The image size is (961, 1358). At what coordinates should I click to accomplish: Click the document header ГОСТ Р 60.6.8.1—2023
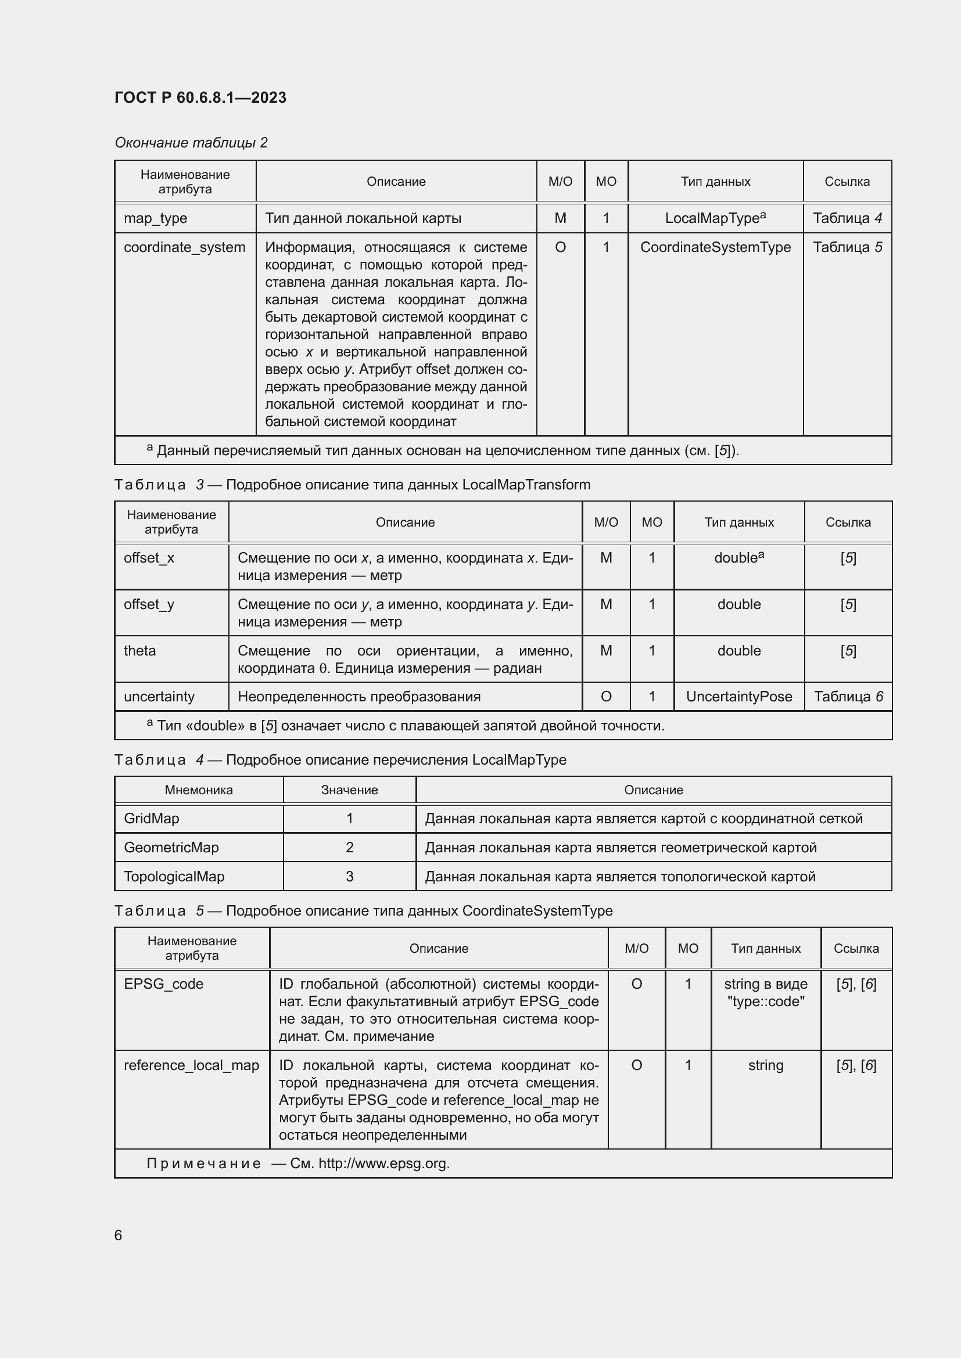click(200, 98)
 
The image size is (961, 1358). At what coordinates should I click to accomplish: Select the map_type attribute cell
click(155, 218)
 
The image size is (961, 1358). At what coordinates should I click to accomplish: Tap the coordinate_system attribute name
click(184, 247)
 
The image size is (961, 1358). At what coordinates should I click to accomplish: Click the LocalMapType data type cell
click(715, 218)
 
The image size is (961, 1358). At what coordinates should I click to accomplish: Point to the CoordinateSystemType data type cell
click(715, 247)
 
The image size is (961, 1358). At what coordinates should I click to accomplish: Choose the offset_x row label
click(149, 558)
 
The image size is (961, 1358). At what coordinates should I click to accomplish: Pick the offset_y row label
click(149, 604)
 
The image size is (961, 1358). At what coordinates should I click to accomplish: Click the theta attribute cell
click(139, 651)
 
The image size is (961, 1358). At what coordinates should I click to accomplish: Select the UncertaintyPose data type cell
click(738, 696)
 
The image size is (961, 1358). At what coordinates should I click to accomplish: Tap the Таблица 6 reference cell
click(848, 696)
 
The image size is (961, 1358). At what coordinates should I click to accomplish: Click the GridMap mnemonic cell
click(152, 818)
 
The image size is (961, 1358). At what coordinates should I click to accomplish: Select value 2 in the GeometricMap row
click(349, 847)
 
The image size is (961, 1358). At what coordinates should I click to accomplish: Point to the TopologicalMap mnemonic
click(174, 876)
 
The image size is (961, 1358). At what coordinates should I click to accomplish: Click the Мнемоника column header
click(199, 790)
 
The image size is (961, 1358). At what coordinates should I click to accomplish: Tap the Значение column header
click(349, 790)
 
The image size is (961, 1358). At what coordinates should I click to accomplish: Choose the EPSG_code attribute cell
click(163, 984)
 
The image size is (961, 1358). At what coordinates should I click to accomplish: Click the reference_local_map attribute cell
click(191, 1065)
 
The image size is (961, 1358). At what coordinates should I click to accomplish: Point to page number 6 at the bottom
click(119, 1235)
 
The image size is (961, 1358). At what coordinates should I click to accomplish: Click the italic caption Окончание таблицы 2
click(191, 143)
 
